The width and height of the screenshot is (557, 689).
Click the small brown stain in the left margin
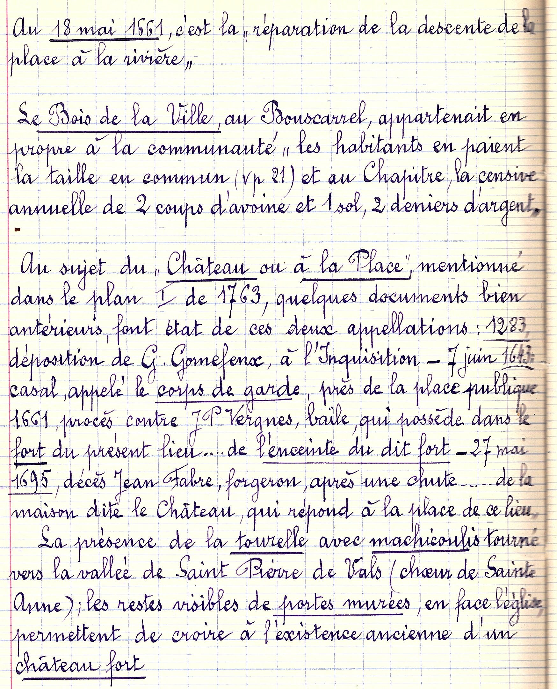point(17,229)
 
